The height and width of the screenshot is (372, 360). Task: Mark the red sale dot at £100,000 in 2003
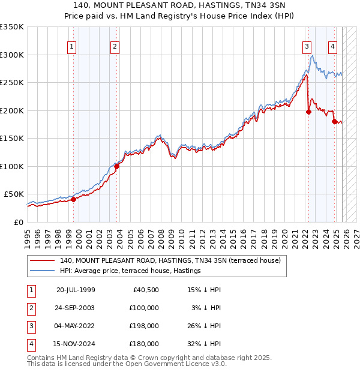pos(117,167)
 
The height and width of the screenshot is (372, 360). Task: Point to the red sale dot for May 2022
pos(308,111)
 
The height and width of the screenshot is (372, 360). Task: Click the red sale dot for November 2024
pos(334,121)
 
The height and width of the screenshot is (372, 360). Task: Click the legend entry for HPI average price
pos(130,271)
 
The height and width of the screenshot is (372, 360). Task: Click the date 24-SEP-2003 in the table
pos(75,307)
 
